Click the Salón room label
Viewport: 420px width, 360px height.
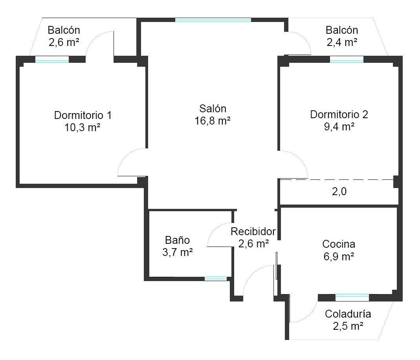[213, 108]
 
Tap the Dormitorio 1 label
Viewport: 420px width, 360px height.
[83, 115]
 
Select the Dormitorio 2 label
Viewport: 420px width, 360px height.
[339, 114]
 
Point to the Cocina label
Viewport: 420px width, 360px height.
[339, 244]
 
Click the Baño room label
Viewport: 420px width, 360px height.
[177, 240]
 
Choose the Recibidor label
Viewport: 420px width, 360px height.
[253, 231]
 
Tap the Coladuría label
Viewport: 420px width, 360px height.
[348, 314]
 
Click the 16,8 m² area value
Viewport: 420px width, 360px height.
[213, 121]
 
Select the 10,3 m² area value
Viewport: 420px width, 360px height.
[82, 128]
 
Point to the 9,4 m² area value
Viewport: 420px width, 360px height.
[339, 126]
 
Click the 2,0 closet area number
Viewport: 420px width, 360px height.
[339, 191]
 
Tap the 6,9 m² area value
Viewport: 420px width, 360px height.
[339, 256]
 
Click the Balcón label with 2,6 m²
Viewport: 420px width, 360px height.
[64, 30]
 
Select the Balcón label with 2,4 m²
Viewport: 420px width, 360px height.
[342, 30]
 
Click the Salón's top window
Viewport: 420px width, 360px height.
[213, 20]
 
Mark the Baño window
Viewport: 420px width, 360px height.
[216, 279]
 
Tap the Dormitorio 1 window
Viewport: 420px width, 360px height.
[52, 59]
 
